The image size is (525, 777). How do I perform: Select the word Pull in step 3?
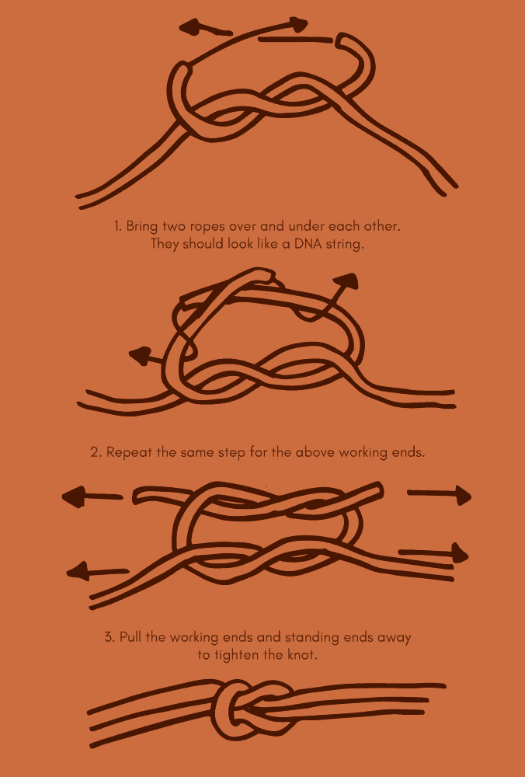pos(133,638)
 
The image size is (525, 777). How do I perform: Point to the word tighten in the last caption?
pos(237,655)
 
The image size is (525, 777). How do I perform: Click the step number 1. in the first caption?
pos(118,226)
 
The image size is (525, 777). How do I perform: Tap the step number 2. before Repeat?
pos(96,452)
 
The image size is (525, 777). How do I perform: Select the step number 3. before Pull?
pos(110,638)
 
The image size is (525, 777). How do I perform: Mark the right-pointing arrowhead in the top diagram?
pos(297,25)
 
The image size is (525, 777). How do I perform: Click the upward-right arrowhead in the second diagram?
pos(346,281)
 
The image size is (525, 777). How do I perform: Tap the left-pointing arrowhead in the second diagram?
pos(140,357)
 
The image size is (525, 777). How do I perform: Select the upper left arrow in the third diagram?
pos(92,496)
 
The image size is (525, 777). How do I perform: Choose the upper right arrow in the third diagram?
pos(440,493)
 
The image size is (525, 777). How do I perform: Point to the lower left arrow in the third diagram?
pos(96,572)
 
